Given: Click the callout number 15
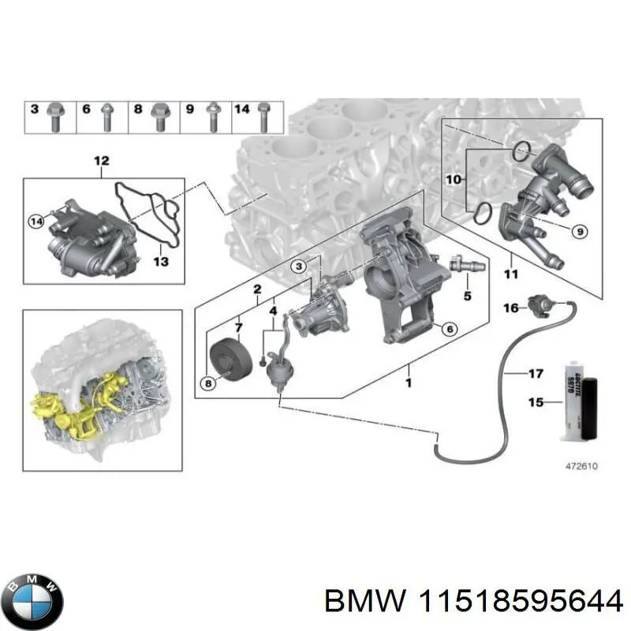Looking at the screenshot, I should [x=536, y=403].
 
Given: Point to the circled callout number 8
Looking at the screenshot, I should [x=208, y=383].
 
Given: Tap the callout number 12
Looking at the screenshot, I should [x=102, y=162].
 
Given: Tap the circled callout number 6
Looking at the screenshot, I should [x=447, y=329].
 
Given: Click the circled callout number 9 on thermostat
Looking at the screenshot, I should [x=578, y=231].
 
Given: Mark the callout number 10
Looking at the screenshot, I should [x=453, y=180].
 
